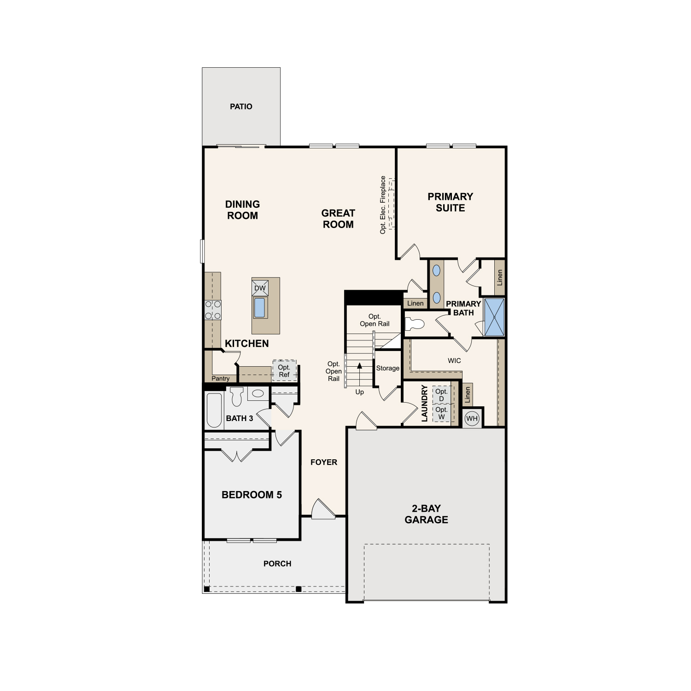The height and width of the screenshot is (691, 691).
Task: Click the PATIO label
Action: (x=241, y=106)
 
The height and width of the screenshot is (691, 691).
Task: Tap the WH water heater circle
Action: (x=472, y=419)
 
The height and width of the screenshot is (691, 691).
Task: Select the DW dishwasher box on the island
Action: (x=260, y=288)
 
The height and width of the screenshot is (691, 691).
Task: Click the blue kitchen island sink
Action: (x=260, y=308)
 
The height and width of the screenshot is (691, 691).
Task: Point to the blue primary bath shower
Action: (x=494, y=317)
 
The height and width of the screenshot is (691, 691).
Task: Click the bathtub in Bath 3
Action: (x=214, y=410)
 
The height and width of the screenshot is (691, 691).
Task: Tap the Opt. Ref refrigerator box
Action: (x=284, y=370)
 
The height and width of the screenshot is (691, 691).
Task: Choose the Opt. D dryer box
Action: (x=441, y=395)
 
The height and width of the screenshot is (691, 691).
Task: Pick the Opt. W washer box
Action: (x=441, y=413)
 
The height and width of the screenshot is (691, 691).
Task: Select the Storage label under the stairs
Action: (x=388, y=368)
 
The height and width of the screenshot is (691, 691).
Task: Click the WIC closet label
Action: (x=454, y=361)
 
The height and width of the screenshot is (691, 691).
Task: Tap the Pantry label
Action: (x=221, y=379)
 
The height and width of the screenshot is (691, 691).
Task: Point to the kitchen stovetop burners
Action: (x=213, y=310)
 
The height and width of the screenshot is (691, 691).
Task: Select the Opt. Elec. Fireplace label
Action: (x=383, y=205)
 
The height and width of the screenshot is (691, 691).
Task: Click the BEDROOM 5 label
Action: (x=252, y=495)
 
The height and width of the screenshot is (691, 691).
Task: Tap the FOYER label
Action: (x=324, y=462)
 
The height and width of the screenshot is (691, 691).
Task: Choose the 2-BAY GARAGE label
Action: (x=426, y=514)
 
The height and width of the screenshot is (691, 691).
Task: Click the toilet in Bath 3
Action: (x=237, y=396)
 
